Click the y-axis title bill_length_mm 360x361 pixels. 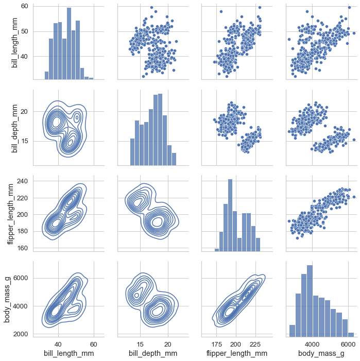pyautogui.click(x=15, y=42)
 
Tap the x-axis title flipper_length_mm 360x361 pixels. pyautogui.click(x=236, y=353)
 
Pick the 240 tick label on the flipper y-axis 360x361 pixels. pyautogui.click(x=22, y=181)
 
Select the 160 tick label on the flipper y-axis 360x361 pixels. pyautogui.click(x=22, y=248)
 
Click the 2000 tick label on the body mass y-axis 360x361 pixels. pyautogui.click(x=21, y=334)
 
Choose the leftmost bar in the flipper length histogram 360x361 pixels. pyautogui.click(x=217, y=250)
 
